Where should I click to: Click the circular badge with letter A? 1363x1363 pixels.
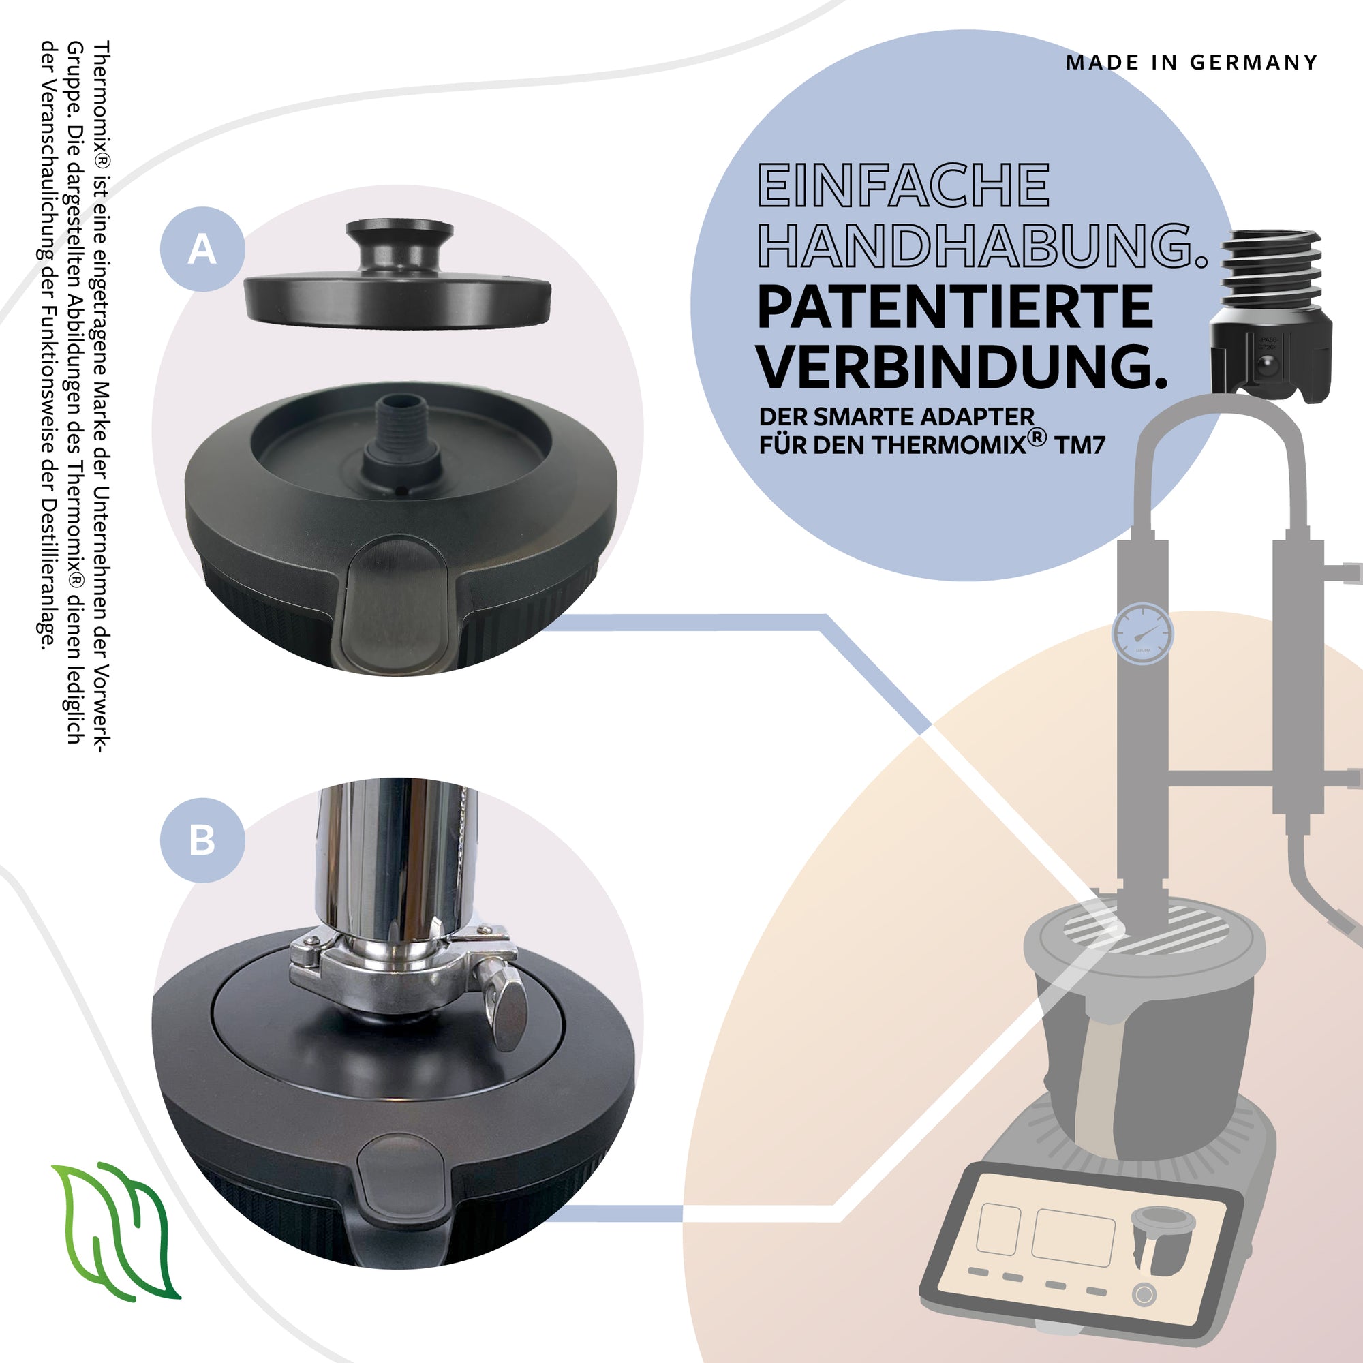202,249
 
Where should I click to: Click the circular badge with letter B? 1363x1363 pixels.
202,840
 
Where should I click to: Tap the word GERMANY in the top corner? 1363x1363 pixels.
1254,63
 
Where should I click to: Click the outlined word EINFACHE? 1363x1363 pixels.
904,185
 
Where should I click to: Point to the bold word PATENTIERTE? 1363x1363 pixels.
955,307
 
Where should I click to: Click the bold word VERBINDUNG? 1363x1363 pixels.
962,367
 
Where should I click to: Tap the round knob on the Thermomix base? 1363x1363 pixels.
1144,1295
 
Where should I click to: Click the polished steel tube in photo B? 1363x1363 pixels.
397,857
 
